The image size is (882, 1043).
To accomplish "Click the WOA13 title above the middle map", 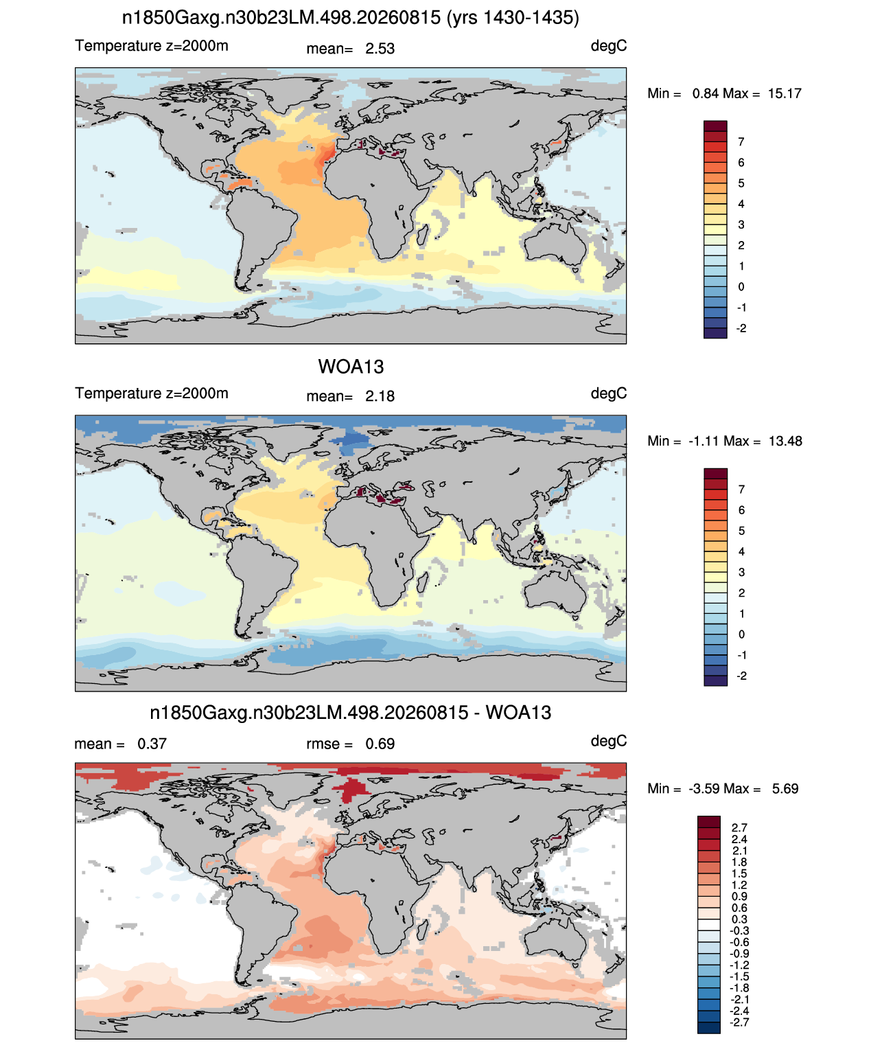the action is (x=351, y=367).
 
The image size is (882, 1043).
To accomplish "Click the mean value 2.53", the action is (x=380, y=49).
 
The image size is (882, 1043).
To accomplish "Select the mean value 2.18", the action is (x=380, y=397).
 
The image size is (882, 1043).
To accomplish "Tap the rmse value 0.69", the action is (x=380, y=744).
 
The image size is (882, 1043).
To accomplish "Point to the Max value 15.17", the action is (x=784, y=94).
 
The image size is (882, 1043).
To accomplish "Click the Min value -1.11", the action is (x=704, y=442).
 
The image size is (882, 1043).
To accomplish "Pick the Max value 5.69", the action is (x=785, y=789).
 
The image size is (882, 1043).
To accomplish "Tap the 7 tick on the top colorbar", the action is (x=741, y=142).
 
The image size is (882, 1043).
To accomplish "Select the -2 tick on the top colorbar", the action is (x=741, y=328).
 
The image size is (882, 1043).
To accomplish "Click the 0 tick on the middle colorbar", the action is (x=741, y=634).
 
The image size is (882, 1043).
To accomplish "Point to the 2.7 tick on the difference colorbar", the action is (x=739, y=828).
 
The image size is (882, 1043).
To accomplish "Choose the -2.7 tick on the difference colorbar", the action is (x=739, y=1023).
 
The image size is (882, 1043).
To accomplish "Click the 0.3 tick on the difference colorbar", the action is (x=739, y=920).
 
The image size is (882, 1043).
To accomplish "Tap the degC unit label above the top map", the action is (x=609, y=47).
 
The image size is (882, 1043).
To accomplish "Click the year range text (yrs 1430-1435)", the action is (x=513, y=18).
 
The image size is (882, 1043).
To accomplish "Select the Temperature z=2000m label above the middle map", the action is (x=152, y=393).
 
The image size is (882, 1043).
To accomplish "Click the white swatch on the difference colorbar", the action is (x=709, y=925).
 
